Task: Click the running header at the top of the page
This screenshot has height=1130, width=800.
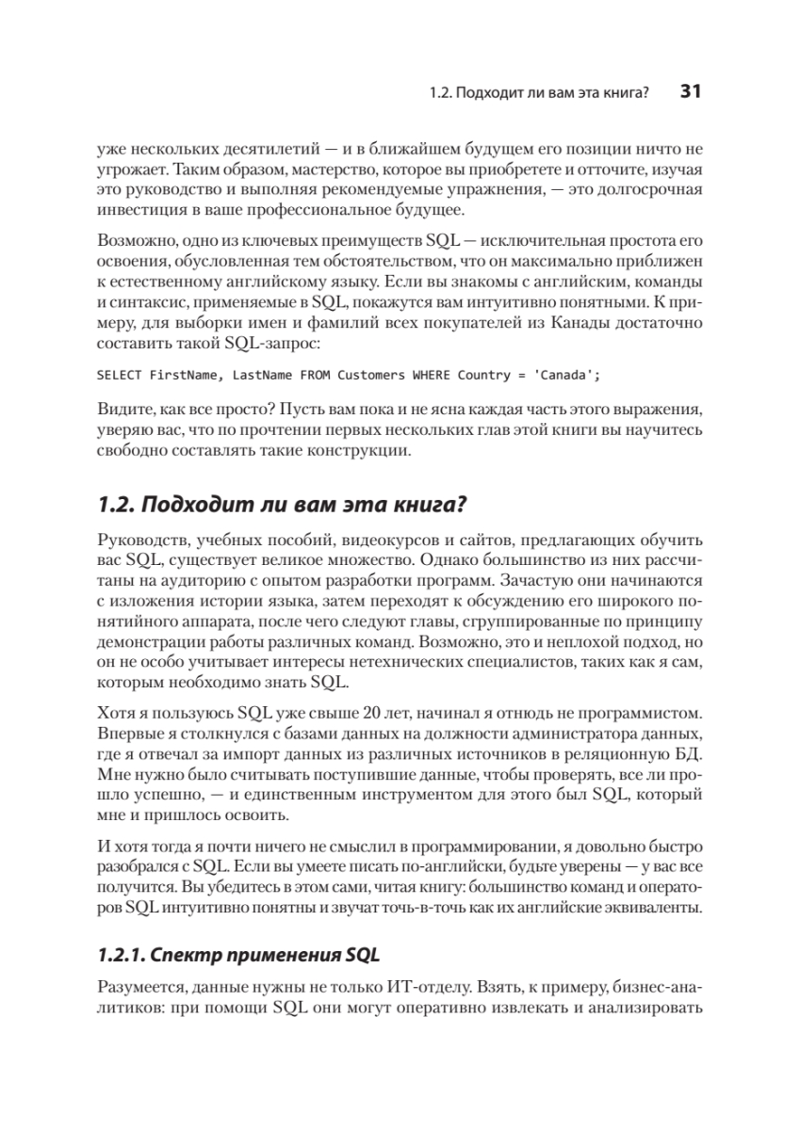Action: click(541, 93)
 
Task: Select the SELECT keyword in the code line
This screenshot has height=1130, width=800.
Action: click(120, 375)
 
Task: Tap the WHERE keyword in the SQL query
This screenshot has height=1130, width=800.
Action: click(432, 375)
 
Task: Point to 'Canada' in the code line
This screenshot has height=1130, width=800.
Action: click(563, 375)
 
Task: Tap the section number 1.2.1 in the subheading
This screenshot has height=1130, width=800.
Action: click(120, 955)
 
